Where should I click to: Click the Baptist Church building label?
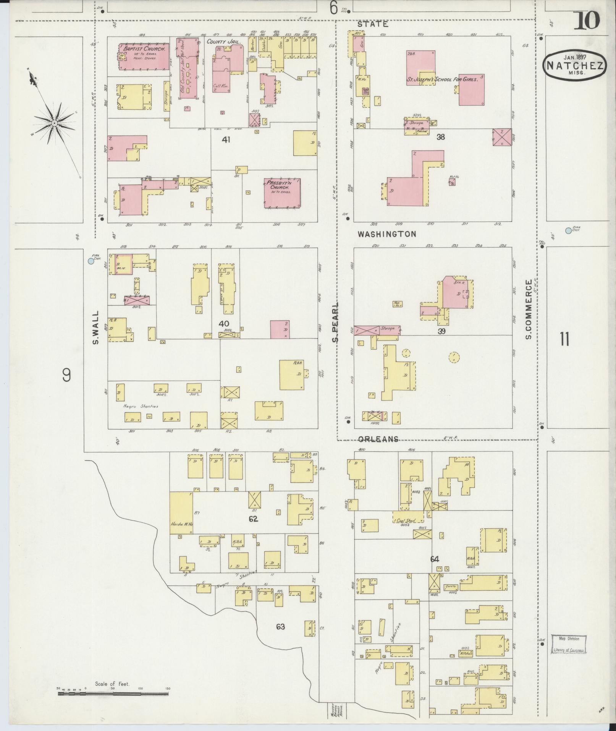pyautogui.click(x=144, y=49)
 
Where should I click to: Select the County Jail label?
pyautogui.click(x=224, y=41)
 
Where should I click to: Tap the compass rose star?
pyautogui.click(x=55, y=123)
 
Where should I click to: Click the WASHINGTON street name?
pyautogui.click(x=387, y=234)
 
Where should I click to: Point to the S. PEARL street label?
pyautogui.click(x=335, y=323)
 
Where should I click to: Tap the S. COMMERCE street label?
pyautogui.click(x=529, y=310)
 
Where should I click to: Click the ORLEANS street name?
pyautogui.click(x=378, y=439)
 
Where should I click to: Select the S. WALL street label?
pyautogui.click(x=96, y=327)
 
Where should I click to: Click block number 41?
pyautogui.click(x=226, y=140)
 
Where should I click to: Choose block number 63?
pyautogui.click(x=280, y=627)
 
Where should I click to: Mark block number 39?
pyautogui.click(x=441, y=331)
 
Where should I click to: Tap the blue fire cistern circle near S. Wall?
pyautogui.click(x=91, y=261)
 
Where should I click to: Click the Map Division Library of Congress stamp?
pyautogui.click(x=569, y=644)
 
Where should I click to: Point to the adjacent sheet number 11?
pyautogui.click(x=564, y=339)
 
